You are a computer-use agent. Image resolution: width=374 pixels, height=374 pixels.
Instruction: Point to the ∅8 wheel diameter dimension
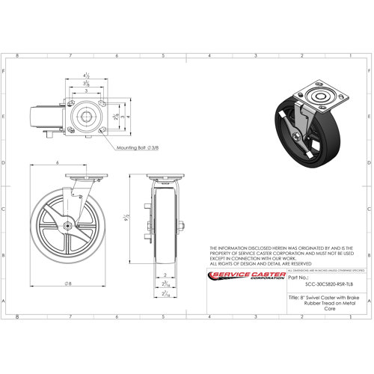pyautogui.click(x=68, y=283)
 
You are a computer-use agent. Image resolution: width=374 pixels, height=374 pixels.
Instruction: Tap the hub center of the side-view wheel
pyautogui.click(x=67, y=227)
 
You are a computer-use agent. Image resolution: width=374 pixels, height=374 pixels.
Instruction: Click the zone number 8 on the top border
pyautogui.click(x=28, y=55)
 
